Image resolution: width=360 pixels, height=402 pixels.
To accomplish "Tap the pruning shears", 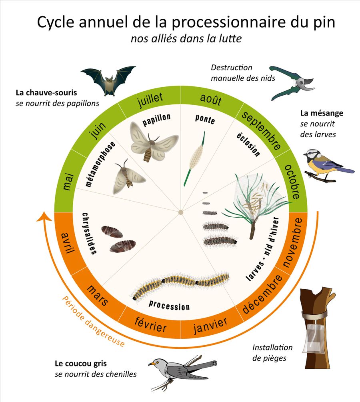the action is click(x=292, y=83).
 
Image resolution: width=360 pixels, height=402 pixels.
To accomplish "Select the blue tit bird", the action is click(x=329, y=165).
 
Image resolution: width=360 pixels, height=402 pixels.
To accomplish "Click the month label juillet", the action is click(x=150, y=100).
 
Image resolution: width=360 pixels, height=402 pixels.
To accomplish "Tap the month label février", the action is click(x=150, y=325).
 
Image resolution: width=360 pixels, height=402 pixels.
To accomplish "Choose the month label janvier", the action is click(x=210, y=325).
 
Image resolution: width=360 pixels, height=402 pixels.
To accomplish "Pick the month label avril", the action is click(x=68, y=243).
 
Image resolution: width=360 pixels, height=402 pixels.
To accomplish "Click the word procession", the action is click(x=169, y=305).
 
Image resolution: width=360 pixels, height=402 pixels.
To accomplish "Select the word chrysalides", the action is click(x=89, y=234).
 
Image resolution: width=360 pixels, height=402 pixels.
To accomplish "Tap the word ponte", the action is click(x=205, y=119).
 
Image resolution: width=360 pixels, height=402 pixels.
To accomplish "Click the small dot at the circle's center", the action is click(x=181, y=212).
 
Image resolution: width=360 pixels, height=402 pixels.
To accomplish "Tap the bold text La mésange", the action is click(x=322, y=113).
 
